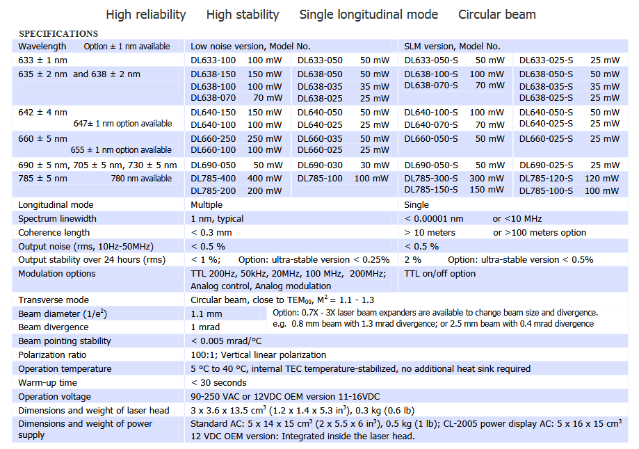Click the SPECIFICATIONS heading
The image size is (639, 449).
(58, 33)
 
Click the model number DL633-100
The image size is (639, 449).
(213, 60)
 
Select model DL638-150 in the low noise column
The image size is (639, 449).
(213, 74)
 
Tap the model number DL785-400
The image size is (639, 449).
(213, 179)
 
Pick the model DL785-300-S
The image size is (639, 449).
(431, 179)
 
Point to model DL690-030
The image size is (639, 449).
(320, 165)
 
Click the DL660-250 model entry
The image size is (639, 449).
(213, 138)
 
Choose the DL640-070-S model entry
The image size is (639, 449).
(431, 125)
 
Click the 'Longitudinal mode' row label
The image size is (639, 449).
(56, 205)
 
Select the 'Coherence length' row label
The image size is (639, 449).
(54, 233)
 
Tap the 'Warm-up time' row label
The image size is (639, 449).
(48, 383)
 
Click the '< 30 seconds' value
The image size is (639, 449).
(218, 383)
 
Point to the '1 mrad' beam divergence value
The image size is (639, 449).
(205, 327)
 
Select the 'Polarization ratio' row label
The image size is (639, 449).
(52, 355)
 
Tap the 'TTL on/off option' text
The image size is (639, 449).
(440, 274)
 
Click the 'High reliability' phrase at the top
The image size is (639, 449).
(146, 15)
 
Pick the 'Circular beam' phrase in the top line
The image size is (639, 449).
(497, 15)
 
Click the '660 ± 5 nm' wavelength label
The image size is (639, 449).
(43, 138)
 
